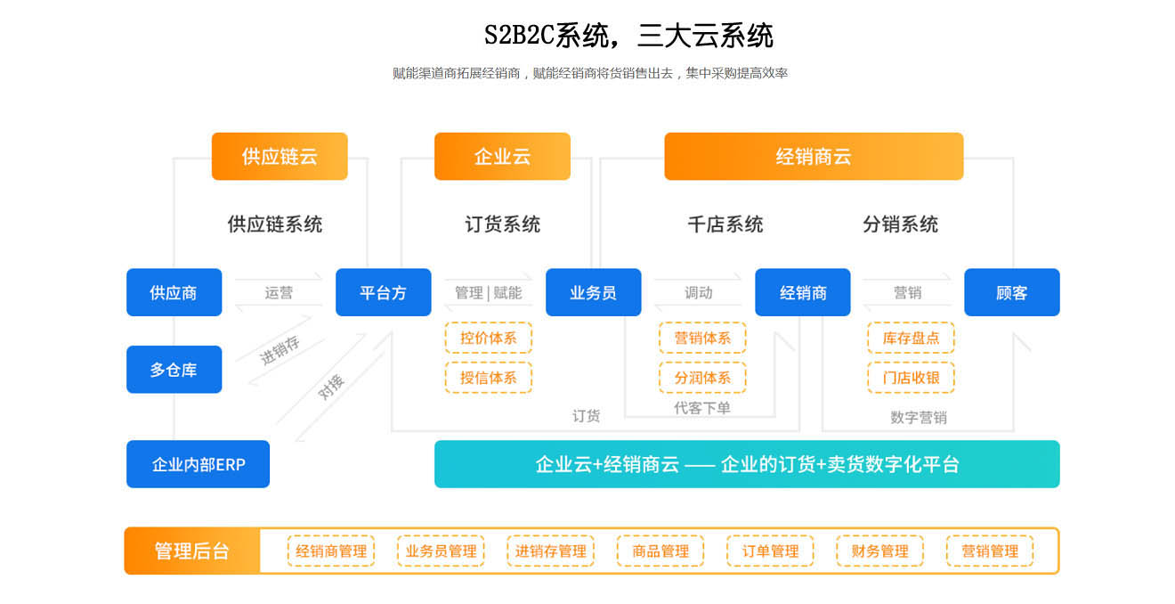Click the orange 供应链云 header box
[x=280, y=157]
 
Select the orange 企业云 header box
[x=502, y=157]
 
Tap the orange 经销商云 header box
[x=814, y=157]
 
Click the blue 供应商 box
[x=174, y=292]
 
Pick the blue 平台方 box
[x=383, y=292]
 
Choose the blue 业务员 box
[x=593, y=292]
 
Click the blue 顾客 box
[x=1011, y=292]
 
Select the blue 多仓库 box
[x=174, y=370]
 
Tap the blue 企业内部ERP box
[x=198, y=464]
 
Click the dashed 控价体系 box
[x=488, y=339]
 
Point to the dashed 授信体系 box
[x=488, y=378]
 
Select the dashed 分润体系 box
[x=702, y=378]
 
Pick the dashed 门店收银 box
[x=911, y=378]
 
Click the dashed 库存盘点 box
[x=911, y=339]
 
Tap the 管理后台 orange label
[x=191, y=551]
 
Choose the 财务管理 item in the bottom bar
[x=879, y=551]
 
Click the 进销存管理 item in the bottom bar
[x=550, y=551]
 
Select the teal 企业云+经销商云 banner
[x=747, y=464]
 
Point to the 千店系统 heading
[x=725, y=224]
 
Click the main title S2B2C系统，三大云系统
[x=628, y=36]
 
